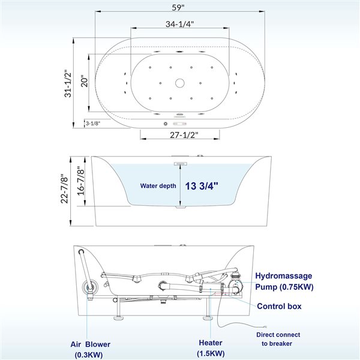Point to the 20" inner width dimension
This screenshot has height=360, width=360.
(85, 82)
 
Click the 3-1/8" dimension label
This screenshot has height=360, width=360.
(92, 123)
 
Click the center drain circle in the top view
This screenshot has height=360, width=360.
(180, 82)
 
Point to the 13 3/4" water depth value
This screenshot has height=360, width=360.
(202, 186)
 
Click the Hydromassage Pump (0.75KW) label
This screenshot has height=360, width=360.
(284, 281)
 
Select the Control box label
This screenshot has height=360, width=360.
(279, 307)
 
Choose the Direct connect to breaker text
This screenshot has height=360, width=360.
(278, 338)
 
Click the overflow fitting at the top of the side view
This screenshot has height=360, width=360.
(180, 161)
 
